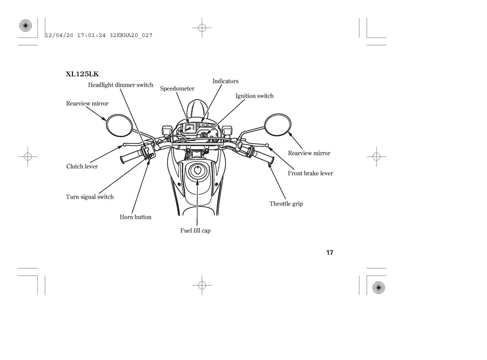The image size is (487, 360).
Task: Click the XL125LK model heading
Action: pyautogui.click(x=82, y=74)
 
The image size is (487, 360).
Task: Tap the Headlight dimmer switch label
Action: pyautogui.click(x=121, y=85)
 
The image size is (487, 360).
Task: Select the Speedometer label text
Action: pyautogui.click(x=177, y=88)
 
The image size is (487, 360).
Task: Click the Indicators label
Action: pyautogui.click(x=225, y=81)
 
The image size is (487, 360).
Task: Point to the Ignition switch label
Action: pyautogui.click(x=254, y=96)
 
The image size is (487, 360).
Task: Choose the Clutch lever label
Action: pyautogui.click(x=82, y=166)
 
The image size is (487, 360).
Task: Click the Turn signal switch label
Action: pyautogui.click(x=90, y=197)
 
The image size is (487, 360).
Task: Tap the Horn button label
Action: pyautogui.click(x=136, y=217)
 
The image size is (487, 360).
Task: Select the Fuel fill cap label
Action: pyautogui.click(x=196, y=231)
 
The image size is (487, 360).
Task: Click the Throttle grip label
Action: pyautogui.click(x=286, y=204)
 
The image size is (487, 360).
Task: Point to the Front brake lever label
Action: pyautogui.click(x=310, y=173)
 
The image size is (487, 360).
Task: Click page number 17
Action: pyautogui.click(x=330, y=252)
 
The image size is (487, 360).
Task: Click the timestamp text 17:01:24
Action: pyautogui.click(x=91, y=35)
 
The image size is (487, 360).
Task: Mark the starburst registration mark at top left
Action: pyautogui.click(x=26, y=26)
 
